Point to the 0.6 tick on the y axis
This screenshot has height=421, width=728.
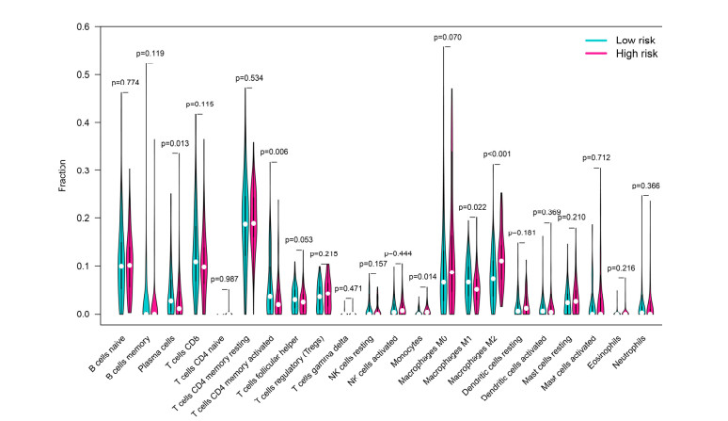click(92, 25)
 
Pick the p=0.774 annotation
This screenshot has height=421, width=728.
click(125, 85)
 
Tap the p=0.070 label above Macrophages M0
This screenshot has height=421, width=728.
click(449, 37)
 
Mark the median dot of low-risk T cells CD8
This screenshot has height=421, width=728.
click(195, 262)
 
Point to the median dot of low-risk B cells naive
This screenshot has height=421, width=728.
click(121, 267)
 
